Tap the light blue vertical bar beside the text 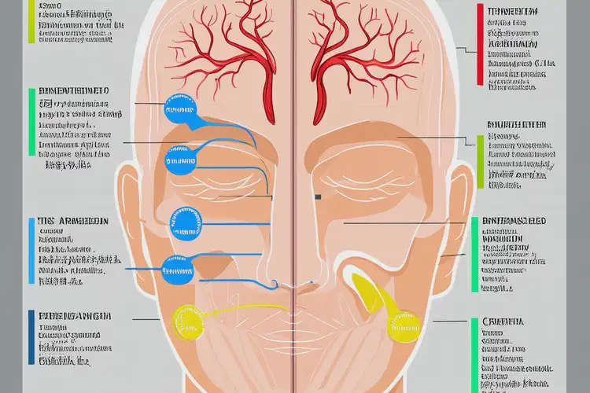(x=31, y=250)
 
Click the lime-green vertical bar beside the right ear (x=480, y=161)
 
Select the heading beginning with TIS (x=72, y=222)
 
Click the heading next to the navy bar (x=75, y=315)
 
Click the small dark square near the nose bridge (x=318, y=196)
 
